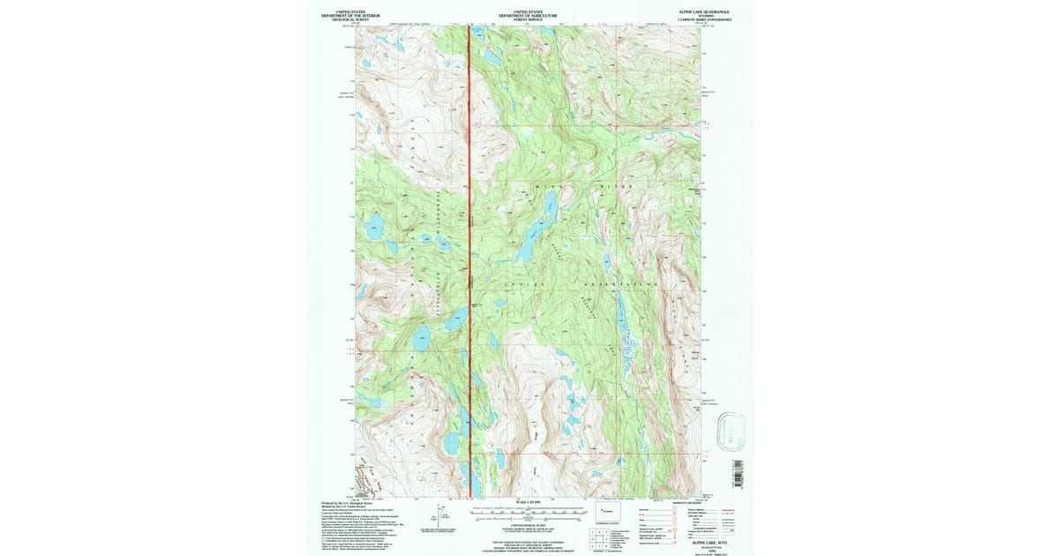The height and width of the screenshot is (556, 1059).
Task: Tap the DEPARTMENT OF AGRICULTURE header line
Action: (526, 16)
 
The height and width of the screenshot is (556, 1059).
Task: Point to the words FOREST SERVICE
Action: (526, 20)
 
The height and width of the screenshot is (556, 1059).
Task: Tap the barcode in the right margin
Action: (737, 471)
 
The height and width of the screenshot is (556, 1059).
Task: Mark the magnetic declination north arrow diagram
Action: (439, 515)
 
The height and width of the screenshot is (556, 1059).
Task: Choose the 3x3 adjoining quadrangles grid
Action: (601, 535)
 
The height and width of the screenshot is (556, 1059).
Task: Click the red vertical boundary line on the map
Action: (469, 265)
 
